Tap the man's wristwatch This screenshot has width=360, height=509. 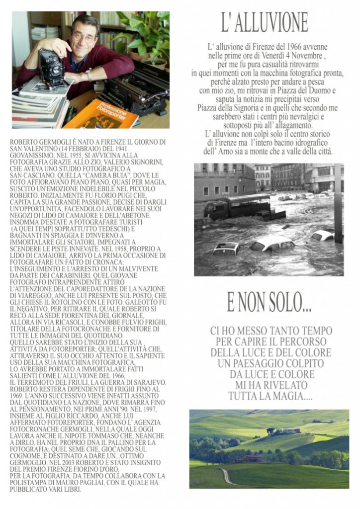pyautogui.click(x=89, y=75)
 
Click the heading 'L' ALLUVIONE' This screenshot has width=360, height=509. pyautogui.click(x=265, y=23)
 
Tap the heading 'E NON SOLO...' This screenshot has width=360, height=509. pyautogui.click(x=269, y=302)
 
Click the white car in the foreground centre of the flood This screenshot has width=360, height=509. pyautogui.click(x=272, y=244)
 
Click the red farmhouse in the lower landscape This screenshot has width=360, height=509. pyautogui.click(x=254, y=458)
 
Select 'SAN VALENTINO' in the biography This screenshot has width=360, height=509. pyautogui.click(x=29, y=149)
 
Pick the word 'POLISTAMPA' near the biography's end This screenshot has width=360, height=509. pyautogui.click(x=29, y=482)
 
